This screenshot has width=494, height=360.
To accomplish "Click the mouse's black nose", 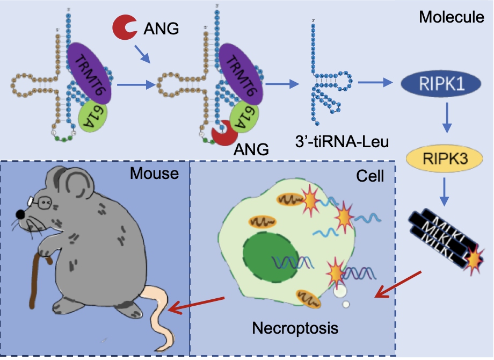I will [20, 214].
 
